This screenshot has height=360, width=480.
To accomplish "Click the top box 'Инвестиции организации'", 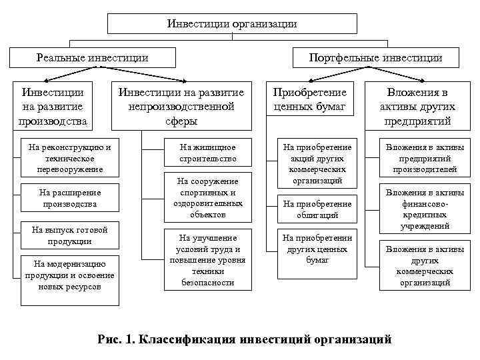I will pos(232,24).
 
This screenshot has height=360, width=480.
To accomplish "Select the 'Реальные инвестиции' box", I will pos(93,57).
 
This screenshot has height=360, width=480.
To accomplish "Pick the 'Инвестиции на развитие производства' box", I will pos(54,106).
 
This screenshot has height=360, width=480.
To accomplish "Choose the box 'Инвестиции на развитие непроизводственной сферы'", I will pos(181,106).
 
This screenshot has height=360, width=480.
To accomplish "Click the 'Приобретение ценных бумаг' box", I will pos(310,99).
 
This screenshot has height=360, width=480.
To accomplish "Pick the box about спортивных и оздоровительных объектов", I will pos(207,197).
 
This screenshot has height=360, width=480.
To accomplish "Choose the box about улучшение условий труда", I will pos(207,260).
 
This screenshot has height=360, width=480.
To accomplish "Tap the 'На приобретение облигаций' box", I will pos(317,209).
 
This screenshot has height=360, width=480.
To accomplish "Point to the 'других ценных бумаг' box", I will pos(317,248).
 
